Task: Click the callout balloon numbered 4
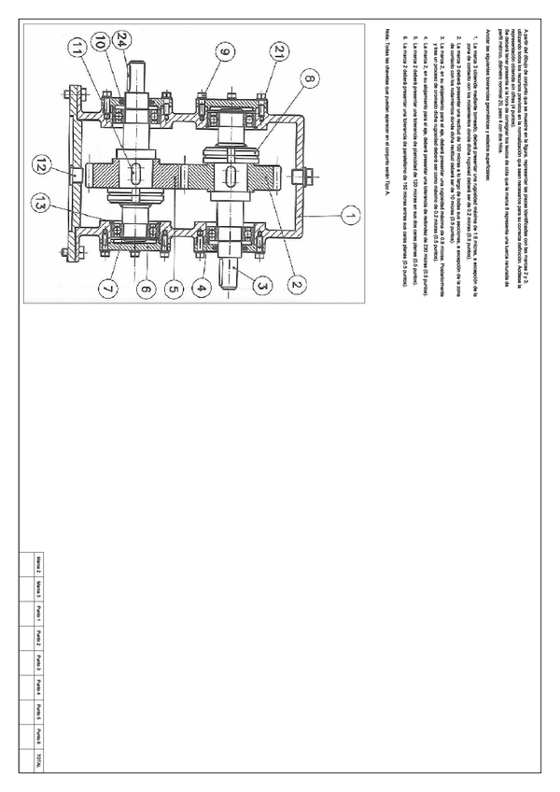tap(200, 290)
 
